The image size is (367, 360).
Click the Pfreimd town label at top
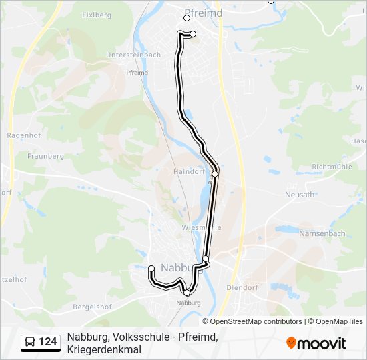[x=202, y=13]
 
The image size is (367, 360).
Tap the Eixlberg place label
[x=97, y=14]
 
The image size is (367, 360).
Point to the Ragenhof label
[x=21, y=135]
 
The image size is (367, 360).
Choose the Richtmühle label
[x=332, y=167]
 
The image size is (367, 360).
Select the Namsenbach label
[x=322, y=233]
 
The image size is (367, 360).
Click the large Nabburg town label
[x=180, y=269]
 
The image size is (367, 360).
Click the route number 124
[x=48, y=342]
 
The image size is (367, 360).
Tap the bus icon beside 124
[x=30, y=342]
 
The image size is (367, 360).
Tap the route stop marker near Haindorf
[x=215, y=174]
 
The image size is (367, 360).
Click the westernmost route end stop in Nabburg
[x=151, y=269]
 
